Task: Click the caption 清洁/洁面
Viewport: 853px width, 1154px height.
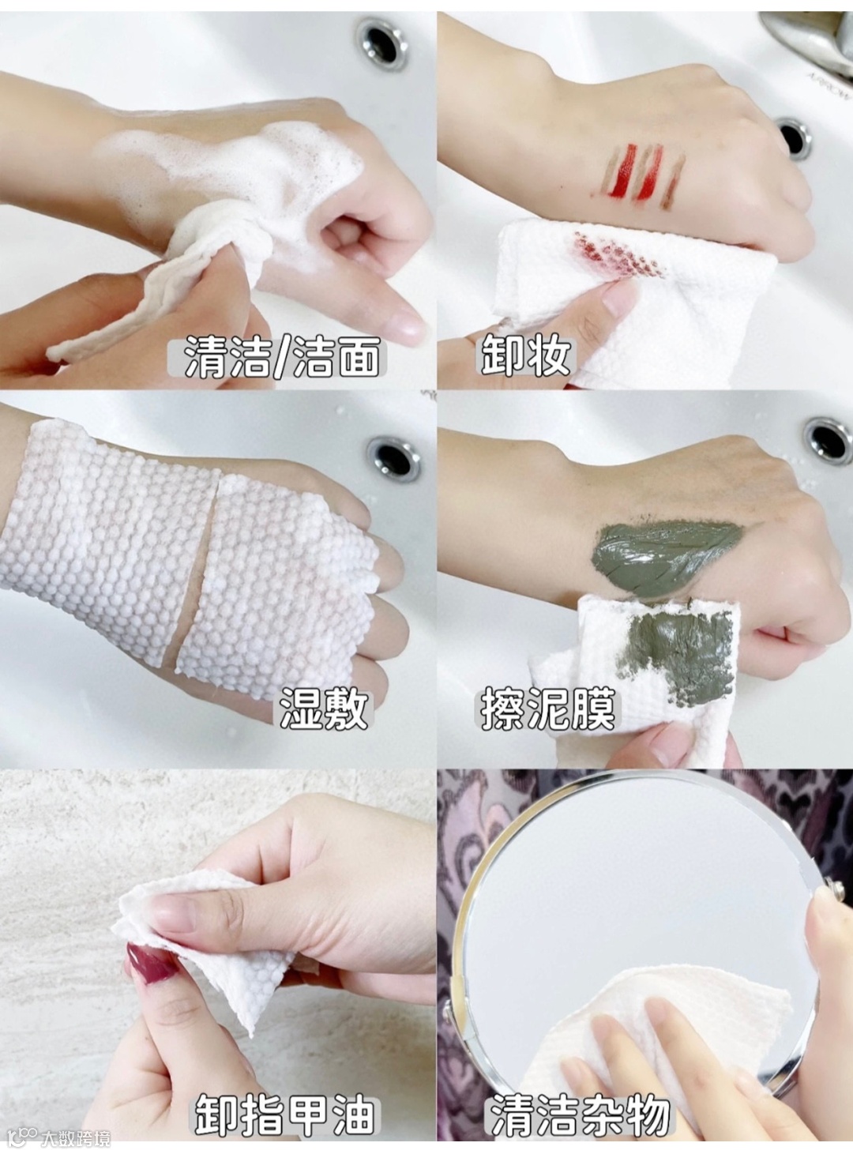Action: (x=281, y=357)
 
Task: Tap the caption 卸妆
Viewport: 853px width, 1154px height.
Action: (x=526, y=356)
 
